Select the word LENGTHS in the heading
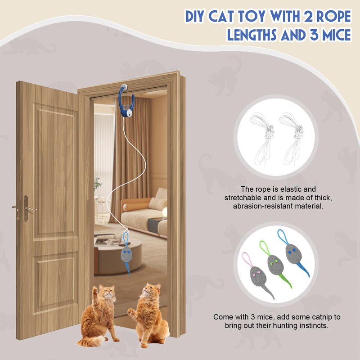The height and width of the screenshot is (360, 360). (252, 35)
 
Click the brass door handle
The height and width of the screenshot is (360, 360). (25, 208)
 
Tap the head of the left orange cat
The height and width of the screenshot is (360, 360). (107, 292)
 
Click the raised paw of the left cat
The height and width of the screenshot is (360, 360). (94, 290)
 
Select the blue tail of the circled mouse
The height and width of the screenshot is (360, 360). (303, 269)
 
